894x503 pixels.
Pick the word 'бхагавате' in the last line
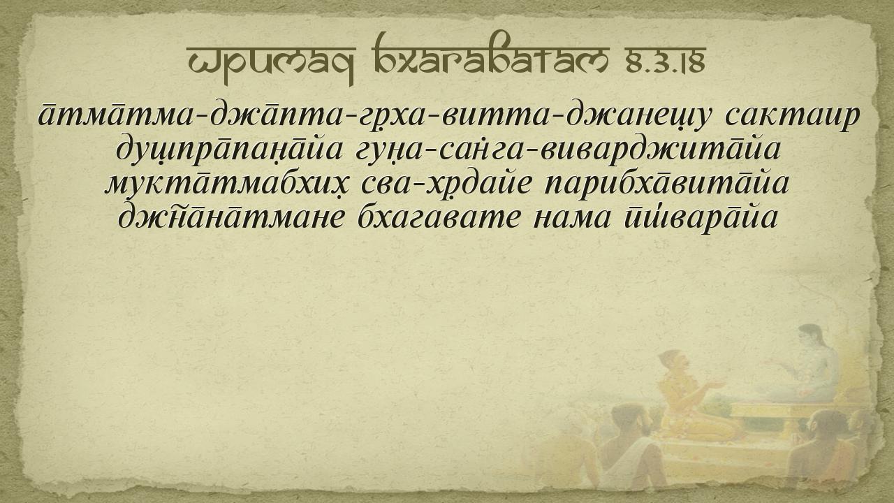point(439,218)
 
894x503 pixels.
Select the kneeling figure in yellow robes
point(691,395)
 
